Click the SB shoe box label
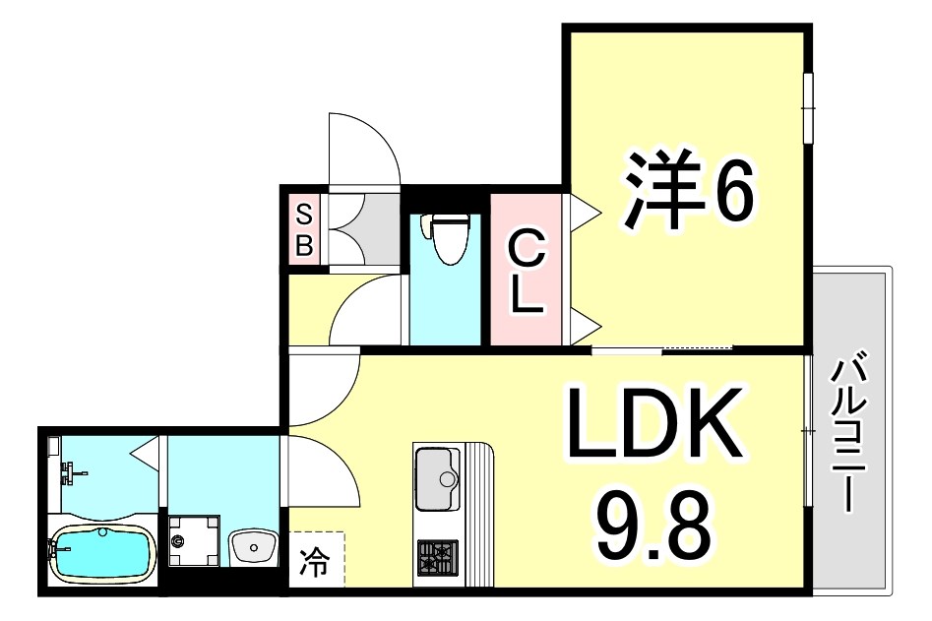pos(304,228)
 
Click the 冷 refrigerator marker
pos(316,563)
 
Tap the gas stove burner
pos(438,558)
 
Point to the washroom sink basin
pos(254,545)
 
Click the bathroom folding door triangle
pos(146,454)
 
